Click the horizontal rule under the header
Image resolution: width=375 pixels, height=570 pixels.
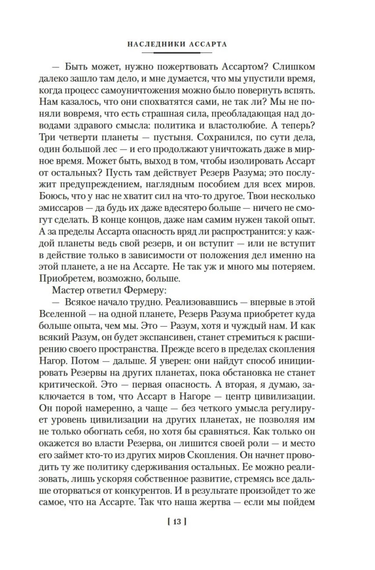[187, 51]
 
